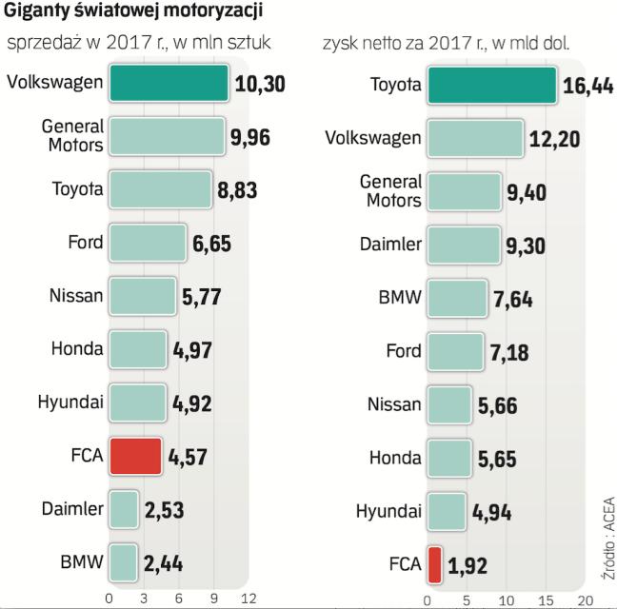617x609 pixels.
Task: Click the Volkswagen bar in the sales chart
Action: [x=169, y=84]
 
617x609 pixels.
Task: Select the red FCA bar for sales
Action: [x=136, y=457]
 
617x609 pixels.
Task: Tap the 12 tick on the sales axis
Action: [x=249, y=598]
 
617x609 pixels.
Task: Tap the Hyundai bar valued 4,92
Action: [x=137, y=403]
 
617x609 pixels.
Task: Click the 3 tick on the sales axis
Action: [x=144, y=598]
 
